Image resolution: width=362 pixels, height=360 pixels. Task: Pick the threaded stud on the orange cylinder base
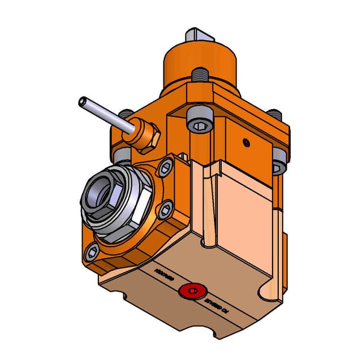[199, 74]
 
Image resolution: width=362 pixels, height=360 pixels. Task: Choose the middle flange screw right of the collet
[165, 210]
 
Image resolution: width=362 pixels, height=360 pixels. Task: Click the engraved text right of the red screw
[216, 306]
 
